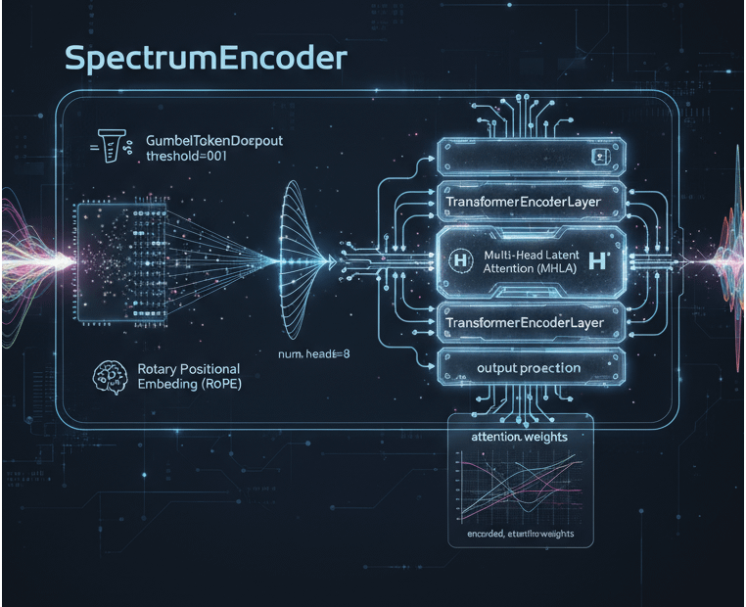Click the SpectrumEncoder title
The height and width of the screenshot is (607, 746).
[206, 58]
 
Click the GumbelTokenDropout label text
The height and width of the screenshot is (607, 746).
[213, 141]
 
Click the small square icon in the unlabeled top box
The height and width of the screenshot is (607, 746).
[604, 156]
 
